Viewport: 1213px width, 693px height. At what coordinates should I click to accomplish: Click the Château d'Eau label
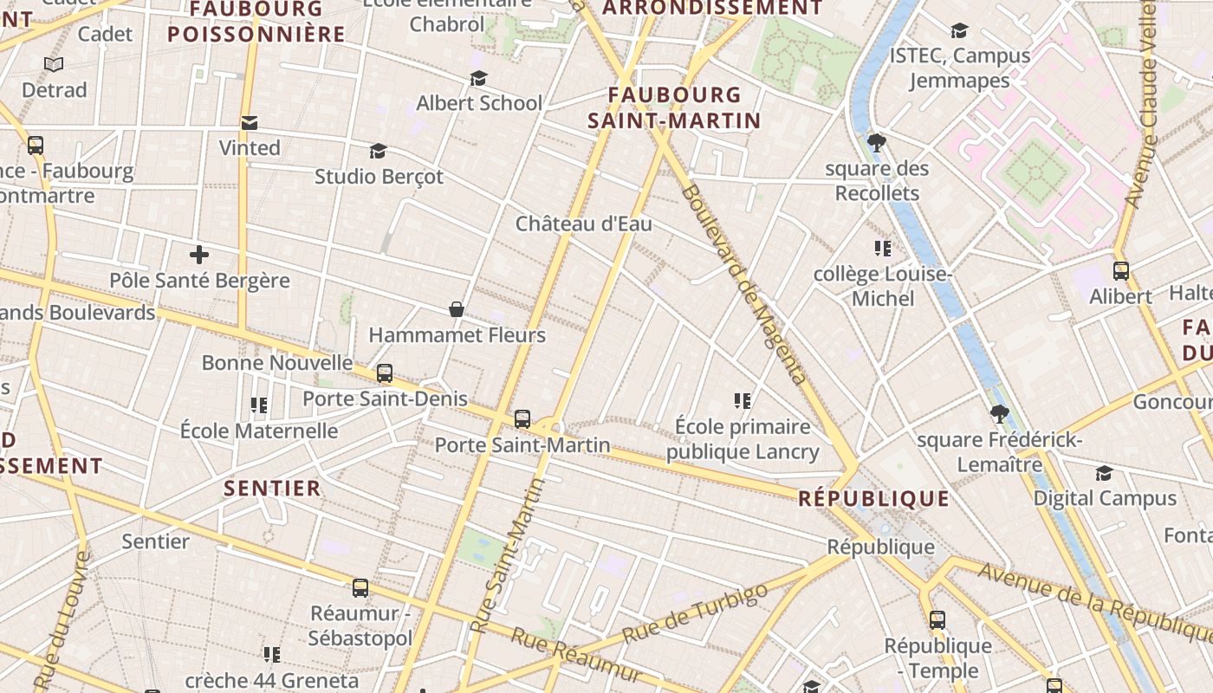(583, 223)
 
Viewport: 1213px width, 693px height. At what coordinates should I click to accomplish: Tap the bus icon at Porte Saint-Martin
(522, 419)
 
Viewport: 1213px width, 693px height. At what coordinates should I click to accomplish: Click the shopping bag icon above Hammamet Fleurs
(457, 309)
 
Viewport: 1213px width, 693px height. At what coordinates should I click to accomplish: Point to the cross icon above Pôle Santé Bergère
(199, 255)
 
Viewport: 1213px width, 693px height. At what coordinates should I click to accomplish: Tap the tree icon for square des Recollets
(876, 142)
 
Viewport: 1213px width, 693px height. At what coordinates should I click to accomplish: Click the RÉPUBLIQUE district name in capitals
(873, 499)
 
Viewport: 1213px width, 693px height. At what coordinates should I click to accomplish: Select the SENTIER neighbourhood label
(272, 489)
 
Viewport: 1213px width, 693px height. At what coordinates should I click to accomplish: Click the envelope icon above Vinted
(250, 123)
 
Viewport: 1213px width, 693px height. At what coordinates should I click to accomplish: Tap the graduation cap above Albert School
(478, 79)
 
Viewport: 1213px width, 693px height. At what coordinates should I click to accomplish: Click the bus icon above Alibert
(1121, 271)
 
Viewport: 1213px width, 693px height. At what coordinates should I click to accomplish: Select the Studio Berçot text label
(379, 177)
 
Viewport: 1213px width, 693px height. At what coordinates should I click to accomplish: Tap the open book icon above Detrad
(54, 64)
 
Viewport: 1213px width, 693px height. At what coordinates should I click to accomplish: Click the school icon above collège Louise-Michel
(883, 249)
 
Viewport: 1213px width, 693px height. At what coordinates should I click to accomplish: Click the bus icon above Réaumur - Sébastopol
(360, 588)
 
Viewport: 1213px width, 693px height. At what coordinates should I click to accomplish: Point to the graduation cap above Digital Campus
(1104, 473)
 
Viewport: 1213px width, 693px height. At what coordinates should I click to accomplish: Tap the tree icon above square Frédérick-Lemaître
(999, 414)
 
